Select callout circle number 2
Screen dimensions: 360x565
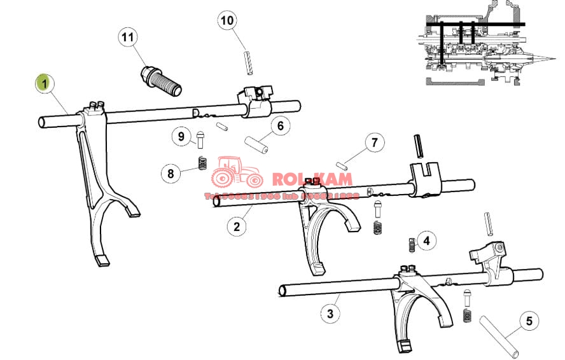tap(236, 226)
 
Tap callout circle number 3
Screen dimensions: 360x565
tap(329, 313)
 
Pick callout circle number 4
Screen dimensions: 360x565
tap(426, 240)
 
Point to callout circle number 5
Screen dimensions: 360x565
tap(528, 321)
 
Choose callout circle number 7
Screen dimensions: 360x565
tap(374, 142)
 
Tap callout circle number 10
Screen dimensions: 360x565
tap(227, 20)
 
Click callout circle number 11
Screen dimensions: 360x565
tap(128, 37)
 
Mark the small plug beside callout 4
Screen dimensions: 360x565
tap(412, 244)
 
